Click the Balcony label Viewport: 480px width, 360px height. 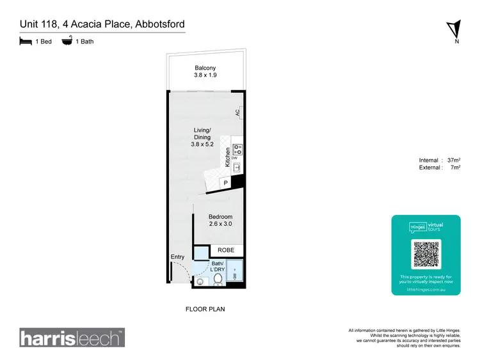205,68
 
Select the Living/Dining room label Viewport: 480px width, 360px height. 202,137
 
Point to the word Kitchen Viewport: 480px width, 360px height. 227,157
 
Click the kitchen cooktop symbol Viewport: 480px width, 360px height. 237,150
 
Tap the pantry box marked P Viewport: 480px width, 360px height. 225,184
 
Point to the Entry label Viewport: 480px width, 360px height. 177,257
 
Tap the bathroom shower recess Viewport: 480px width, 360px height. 235,272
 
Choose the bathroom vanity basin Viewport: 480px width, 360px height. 201,281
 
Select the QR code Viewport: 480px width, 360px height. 426,255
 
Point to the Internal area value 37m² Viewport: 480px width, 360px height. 453,160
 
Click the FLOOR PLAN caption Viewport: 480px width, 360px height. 205,309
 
